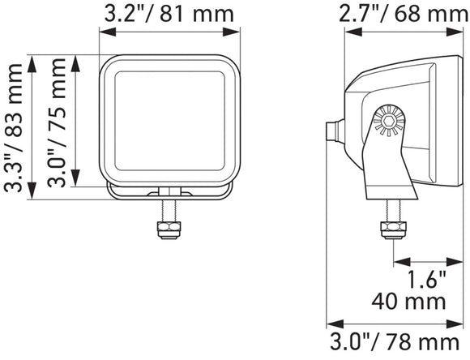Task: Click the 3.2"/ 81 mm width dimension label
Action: coord(169,14)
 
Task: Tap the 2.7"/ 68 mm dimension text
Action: coord(404,14)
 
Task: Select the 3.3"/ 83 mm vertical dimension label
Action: coord(13,127)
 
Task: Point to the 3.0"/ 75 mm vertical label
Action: coord(57,122)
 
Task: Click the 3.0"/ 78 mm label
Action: coord(395,341)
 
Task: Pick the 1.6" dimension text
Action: coord(427,279)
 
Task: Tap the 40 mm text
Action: coord(409,302)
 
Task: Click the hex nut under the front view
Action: coord(169,229)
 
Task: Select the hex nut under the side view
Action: coord(393,230)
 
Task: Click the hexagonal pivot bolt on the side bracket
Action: coord(389,121)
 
